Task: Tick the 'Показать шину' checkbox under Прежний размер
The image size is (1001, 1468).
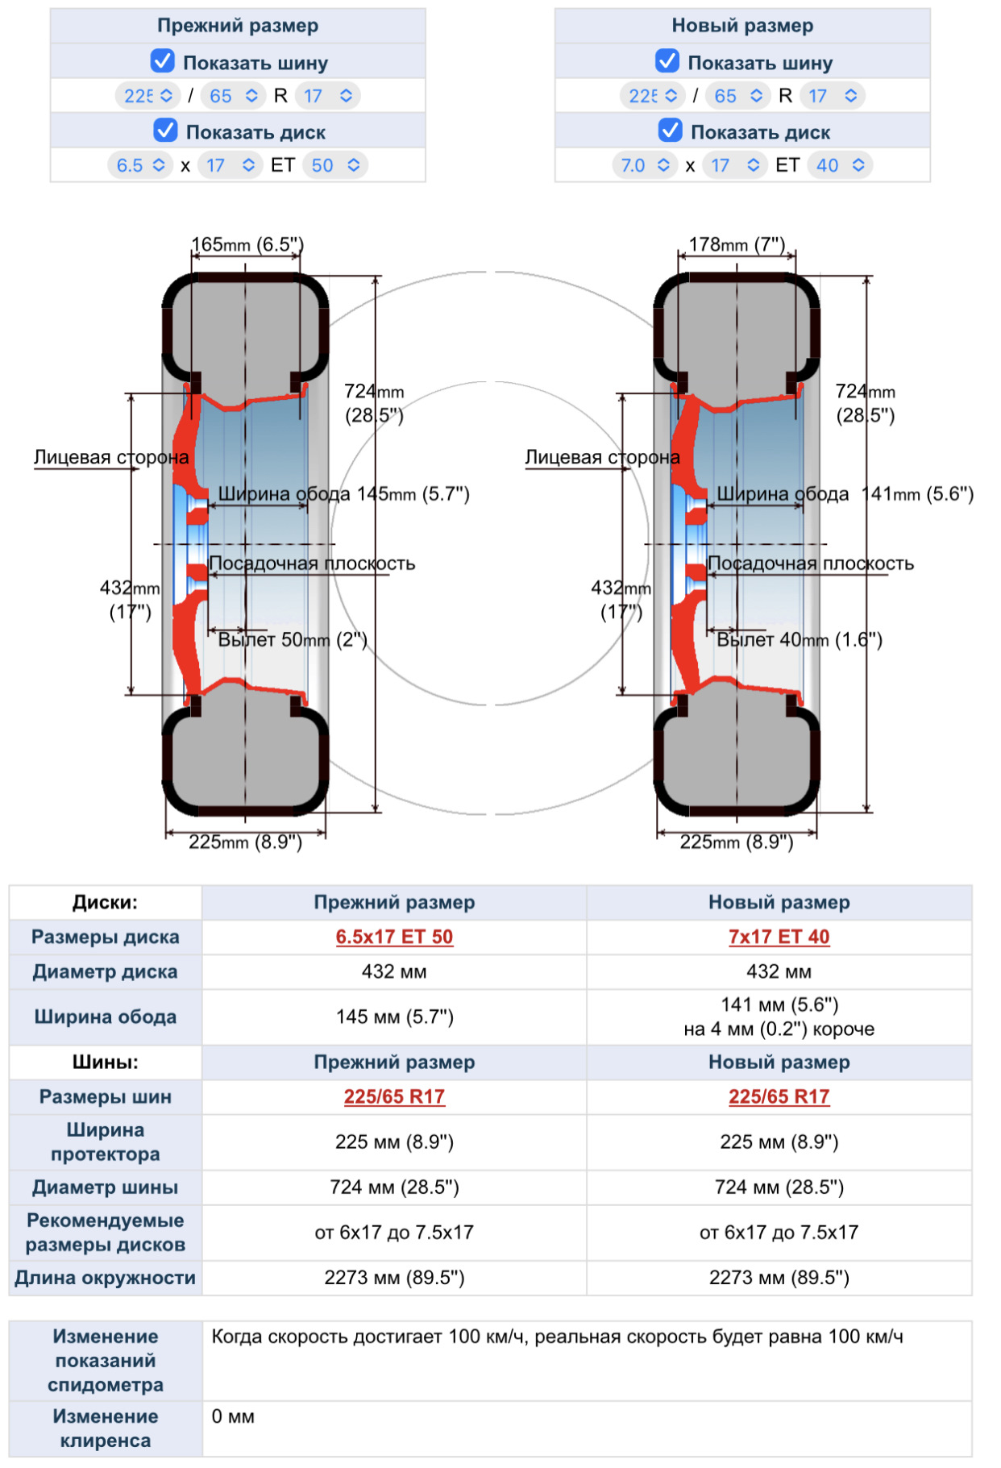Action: point(163,61)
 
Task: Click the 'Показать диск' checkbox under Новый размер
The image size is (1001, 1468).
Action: point(670,131)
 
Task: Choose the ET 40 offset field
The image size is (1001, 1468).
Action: point(839,165)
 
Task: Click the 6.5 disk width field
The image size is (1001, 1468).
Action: point(139,165)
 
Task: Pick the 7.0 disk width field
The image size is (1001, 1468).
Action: point(644,165)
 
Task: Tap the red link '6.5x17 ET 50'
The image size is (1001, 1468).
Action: point(394,937)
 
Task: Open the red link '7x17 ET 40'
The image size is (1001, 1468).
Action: point(779,937)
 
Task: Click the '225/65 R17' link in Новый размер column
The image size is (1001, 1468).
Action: point(779,1096)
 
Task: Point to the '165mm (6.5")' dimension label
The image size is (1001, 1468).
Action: point(247,244)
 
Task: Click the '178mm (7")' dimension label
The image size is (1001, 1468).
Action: point(737,244)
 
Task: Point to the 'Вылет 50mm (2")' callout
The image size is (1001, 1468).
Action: point(293,640)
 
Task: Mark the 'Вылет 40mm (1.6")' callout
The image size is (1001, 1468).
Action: point(800,640)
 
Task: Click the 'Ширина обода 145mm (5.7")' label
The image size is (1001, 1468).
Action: point(343,494)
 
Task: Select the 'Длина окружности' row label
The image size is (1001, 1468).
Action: point(105,1278)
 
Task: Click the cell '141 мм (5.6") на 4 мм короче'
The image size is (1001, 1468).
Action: point(779,1017)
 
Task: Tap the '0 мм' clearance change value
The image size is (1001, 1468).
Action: point(233,1416)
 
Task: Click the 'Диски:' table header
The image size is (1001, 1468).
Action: point(105,902)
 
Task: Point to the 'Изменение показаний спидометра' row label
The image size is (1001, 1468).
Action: point(105,1360)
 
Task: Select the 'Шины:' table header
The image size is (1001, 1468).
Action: point(105,1062)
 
